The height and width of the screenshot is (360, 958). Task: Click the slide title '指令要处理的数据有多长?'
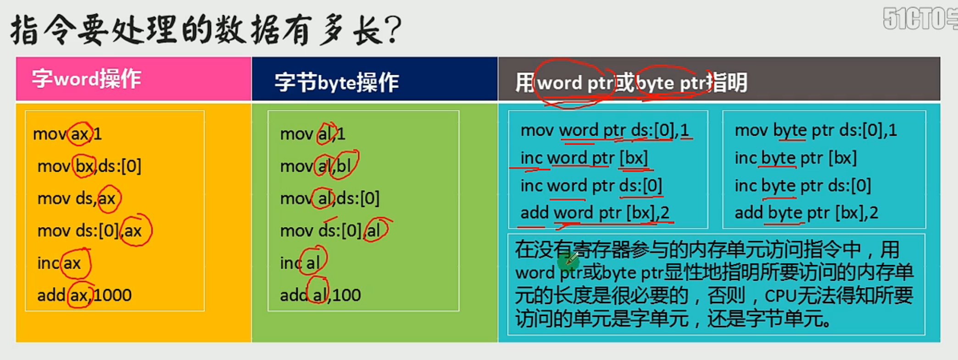click(x=206, y=30)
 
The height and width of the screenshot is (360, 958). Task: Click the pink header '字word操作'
click(x=86, y=79)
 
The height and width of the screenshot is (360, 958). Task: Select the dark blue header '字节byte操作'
click(x=336, y=83)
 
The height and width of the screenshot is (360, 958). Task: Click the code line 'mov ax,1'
click(x=67, y=134)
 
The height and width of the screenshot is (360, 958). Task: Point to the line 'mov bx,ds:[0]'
click(x=89, y=166)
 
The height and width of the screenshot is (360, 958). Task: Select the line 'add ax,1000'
click(x=84, y=295)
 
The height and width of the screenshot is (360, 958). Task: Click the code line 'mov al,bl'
click(x=316, y=166)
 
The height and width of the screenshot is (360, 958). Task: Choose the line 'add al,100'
click(x=320, y=295)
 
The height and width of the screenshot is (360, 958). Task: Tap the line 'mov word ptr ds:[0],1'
click(x=605, y=130)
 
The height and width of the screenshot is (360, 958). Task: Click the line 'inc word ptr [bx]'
click(x=584, y=158)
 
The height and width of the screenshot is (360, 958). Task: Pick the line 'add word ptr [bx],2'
click(x=595, y=213)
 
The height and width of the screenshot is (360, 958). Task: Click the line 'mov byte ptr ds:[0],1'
click(x=816, y=130)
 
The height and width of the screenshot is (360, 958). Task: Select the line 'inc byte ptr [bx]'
click(x=796, y=158)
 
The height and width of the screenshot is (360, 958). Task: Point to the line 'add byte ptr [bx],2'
click(x=807, y=213)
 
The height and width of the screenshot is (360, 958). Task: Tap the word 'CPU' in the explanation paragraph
click(x=780, y=296)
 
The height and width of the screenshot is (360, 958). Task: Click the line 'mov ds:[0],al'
click(x=330, y=231)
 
